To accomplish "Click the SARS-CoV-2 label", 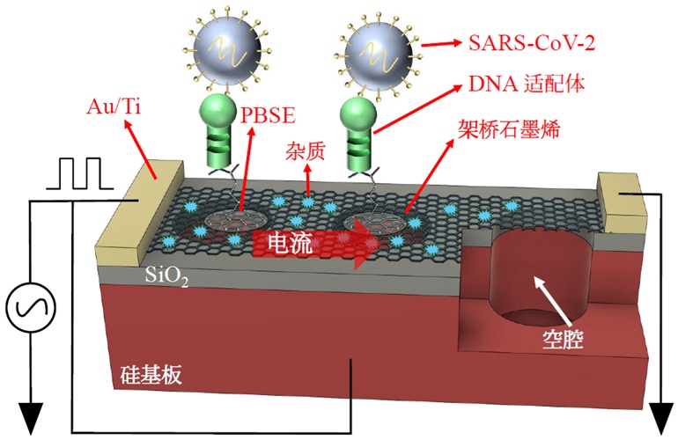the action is coord(532,43).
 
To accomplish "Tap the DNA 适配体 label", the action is coord(527,84).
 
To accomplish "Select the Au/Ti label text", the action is coord(114,106).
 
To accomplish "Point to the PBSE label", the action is coord(268,115).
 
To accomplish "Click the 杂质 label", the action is coord(305,151).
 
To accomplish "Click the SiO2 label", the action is coord(166,275).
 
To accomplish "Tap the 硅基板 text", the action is coord(151,374).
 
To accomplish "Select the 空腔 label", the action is coord(563,339).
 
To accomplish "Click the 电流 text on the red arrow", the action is coord(290,243).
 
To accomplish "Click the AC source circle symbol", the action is coord(31,307).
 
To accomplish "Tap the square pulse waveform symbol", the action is coord(80,173).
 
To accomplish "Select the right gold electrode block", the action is coord(621,202).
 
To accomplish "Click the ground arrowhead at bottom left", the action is coord(31,417).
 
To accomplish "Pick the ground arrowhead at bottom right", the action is coord(661,417).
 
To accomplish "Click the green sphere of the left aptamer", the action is coord(217,111).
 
